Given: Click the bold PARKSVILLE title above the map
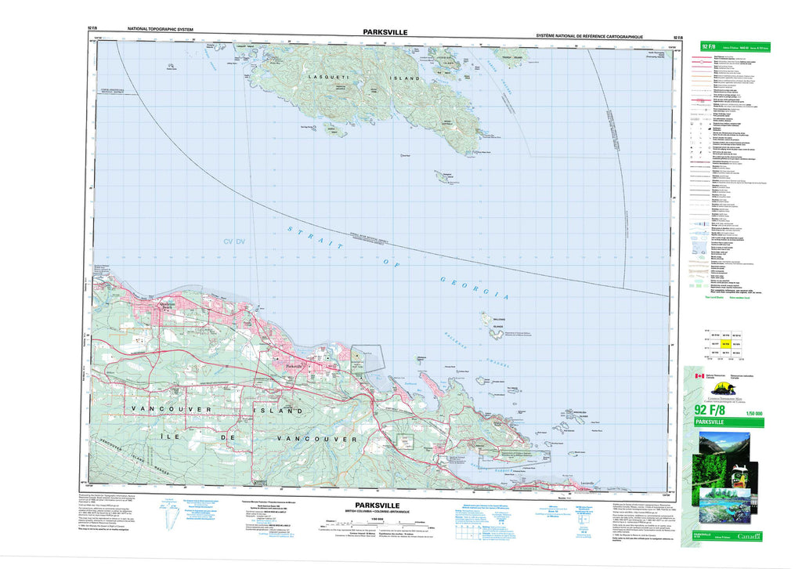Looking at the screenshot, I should click(x=385, y=32).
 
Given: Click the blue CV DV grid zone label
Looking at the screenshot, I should click(x=234, y=241).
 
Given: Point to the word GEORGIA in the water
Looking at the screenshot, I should click(x=475, y=288).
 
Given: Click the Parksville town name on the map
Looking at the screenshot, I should click(x=296, y=366).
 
